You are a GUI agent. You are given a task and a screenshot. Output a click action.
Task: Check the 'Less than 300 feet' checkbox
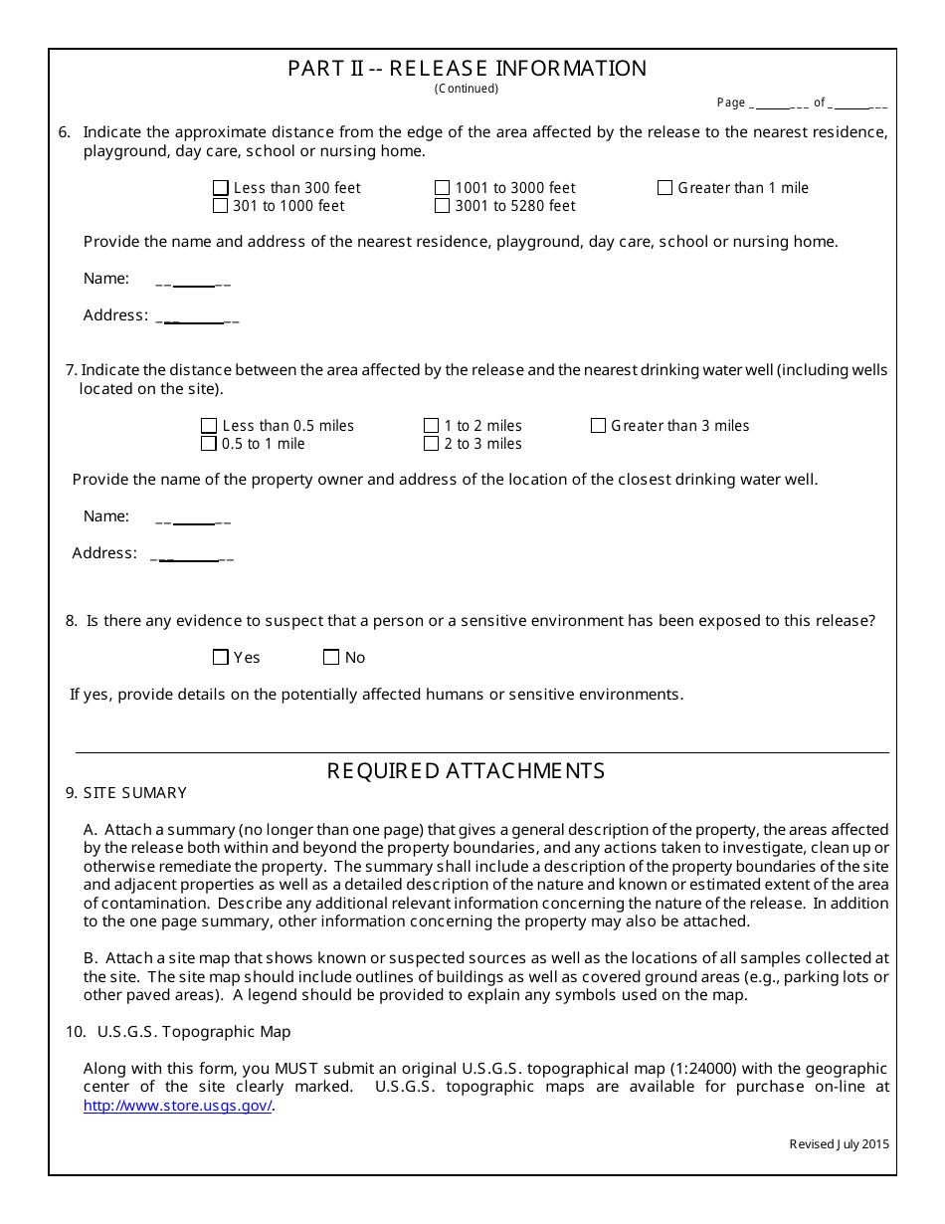click(x=221, y=188)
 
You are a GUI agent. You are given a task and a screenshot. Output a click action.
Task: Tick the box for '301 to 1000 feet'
click(x=221, y=206)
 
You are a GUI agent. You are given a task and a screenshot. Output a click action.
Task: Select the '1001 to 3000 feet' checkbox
click(x=442, y=188)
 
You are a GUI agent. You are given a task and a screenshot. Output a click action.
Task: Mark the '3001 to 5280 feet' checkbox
click(x=442, y=206)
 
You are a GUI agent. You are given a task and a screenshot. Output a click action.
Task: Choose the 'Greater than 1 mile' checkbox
click(x=664, y=188)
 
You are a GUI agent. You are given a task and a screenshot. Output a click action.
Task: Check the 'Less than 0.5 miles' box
click(x=209, y=426)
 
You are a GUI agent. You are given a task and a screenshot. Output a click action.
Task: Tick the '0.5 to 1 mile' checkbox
click(x=209, y=444)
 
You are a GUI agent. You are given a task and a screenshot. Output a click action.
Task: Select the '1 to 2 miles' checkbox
click(x=431, y=426)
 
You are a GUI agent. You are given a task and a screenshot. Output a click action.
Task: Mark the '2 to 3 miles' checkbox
click(x=431, y=444)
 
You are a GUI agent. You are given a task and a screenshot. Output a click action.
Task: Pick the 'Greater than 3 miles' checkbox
click(x=598, y=426)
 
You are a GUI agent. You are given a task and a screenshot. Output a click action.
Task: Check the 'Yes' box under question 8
click(x=221, y=658)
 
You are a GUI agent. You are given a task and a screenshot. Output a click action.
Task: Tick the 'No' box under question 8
click(x=331, y=658)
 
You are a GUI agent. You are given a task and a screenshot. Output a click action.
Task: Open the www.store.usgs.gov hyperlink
click(x=177, y=1106)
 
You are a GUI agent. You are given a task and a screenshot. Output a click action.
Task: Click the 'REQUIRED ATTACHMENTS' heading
click(x=466, y=771)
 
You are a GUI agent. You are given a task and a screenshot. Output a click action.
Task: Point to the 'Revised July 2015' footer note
click(x=839, y=1144)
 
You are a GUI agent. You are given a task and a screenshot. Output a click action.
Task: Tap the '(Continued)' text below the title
click(x=467, y=89)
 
